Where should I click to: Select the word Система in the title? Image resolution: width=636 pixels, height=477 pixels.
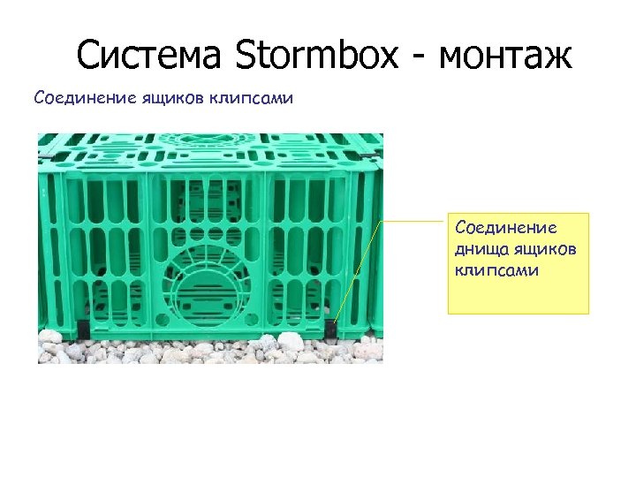[x=151, y=57]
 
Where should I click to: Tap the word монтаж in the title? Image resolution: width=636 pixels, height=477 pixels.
[x=505, y=57]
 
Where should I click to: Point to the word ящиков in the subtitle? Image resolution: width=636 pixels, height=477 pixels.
[x=174, y=97]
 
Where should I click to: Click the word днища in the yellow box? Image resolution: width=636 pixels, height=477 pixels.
[x=478, y=249]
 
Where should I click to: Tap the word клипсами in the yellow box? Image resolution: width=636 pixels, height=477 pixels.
[x=496, y=269]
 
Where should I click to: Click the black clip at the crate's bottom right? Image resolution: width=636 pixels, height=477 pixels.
[x=329, y=329]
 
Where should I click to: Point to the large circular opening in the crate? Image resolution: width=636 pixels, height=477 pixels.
[x=209, y=275]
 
